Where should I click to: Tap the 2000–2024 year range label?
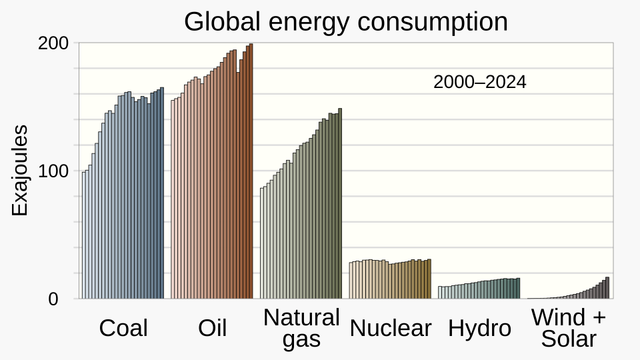point(479,83)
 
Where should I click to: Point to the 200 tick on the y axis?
point(53,43)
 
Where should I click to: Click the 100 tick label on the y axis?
point(53,171)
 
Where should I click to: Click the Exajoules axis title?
point(20,170)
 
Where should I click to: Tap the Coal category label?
point(123,328)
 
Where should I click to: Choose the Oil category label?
point(213,328)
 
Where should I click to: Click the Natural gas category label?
point(301,328)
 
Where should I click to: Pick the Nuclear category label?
point(391,328)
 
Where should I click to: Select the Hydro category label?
point(479,328)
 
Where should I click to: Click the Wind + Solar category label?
point(569,328)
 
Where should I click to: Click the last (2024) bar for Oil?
point(251,173)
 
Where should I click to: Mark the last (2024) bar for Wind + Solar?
point(607,289)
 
